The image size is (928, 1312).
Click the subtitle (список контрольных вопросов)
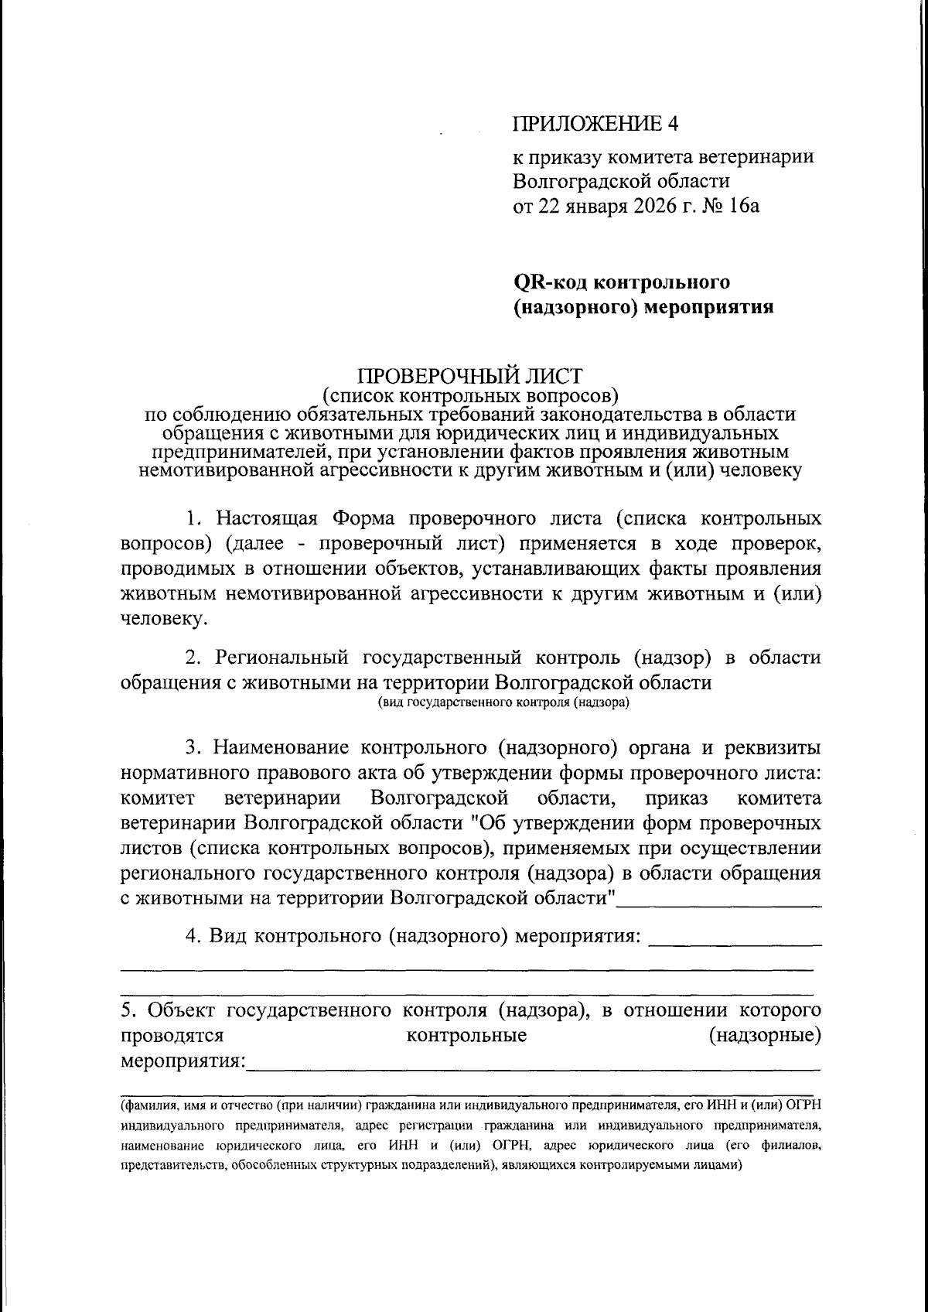click(470, 397)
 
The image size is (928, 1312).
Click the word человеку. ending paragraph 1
click(164, 619)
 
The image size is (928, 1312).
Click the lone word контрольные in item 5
click(466, 1035)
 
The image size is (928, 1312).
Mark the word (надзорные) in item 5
click(764, 1035)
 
